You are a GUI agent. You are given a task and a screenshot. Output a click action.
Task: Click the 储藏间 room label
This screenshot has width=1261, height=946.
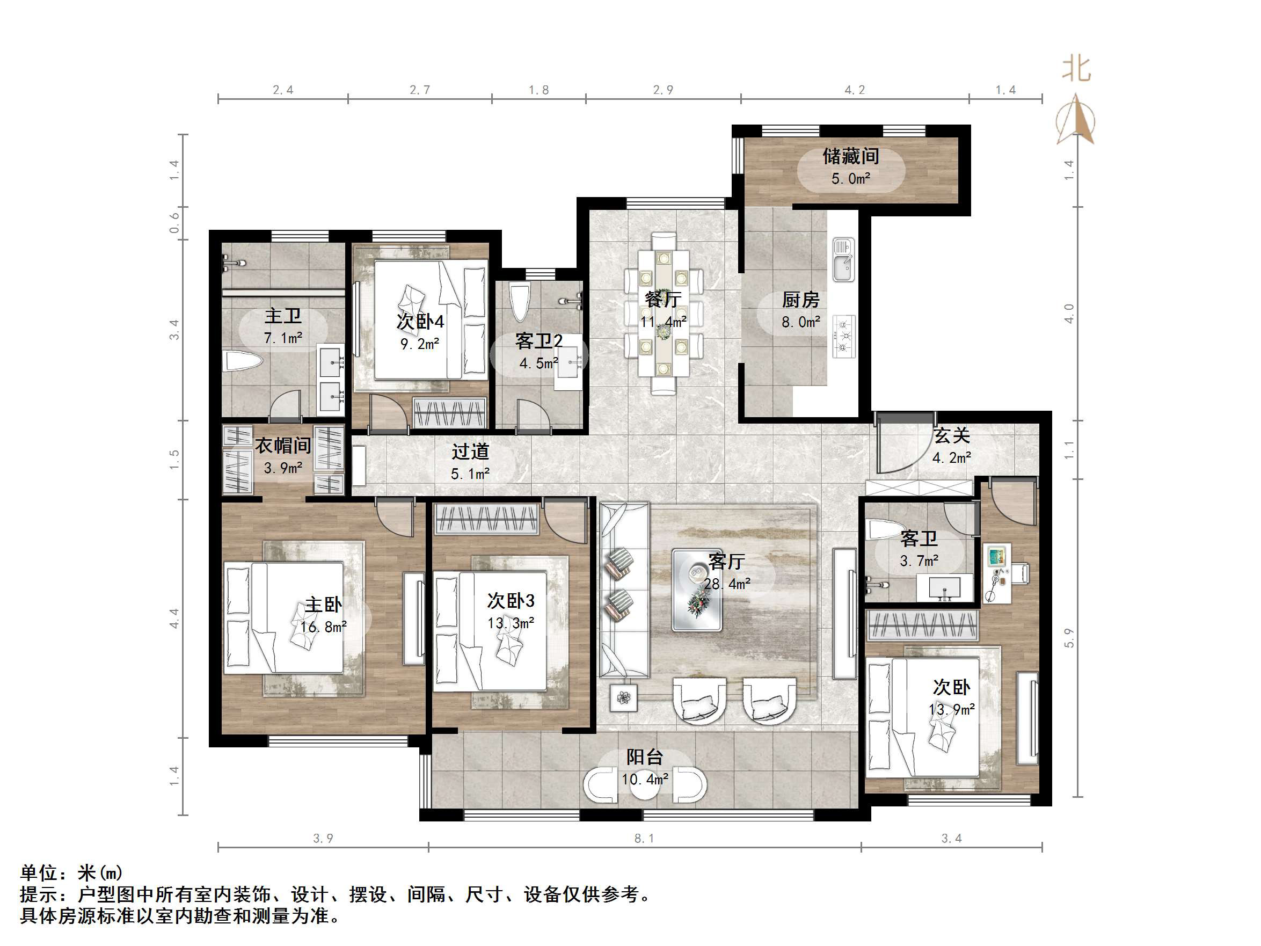850,156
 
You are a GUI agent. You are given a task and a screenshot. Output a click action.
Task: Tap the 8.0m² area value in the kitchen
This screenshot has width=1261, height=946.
800,322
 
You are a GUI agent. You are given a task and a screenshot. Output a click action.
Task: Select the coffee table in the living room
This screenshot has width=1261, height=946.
697,590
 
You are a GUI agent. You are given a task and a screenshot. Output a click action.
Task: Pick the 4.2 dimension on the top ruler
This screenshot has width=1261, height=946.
855,90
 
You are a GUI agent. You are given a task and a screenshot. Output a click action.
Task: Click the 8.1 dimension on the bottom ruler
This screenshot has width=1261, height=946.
644,838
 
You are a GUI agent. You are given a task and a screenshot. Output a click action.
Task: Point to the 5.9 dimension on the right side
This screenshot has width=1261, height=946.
1069,637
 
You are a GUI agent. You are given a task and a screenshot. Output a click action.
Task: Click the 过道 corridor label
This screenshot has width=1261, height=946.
470,452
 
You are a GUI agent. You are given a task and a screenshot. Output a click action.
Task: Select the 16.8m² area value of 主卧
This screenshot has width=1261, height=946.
323,627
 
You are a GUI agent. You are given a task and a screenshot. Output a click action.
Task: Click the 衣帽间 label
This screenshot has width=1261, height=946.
283,445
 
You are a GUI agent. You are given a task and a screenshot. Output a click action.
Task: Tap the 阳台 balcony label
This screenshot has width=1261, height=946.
644,757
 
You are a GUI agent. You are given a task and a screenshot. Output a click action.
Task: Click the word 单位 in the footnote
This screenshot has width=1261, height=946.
39,873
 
